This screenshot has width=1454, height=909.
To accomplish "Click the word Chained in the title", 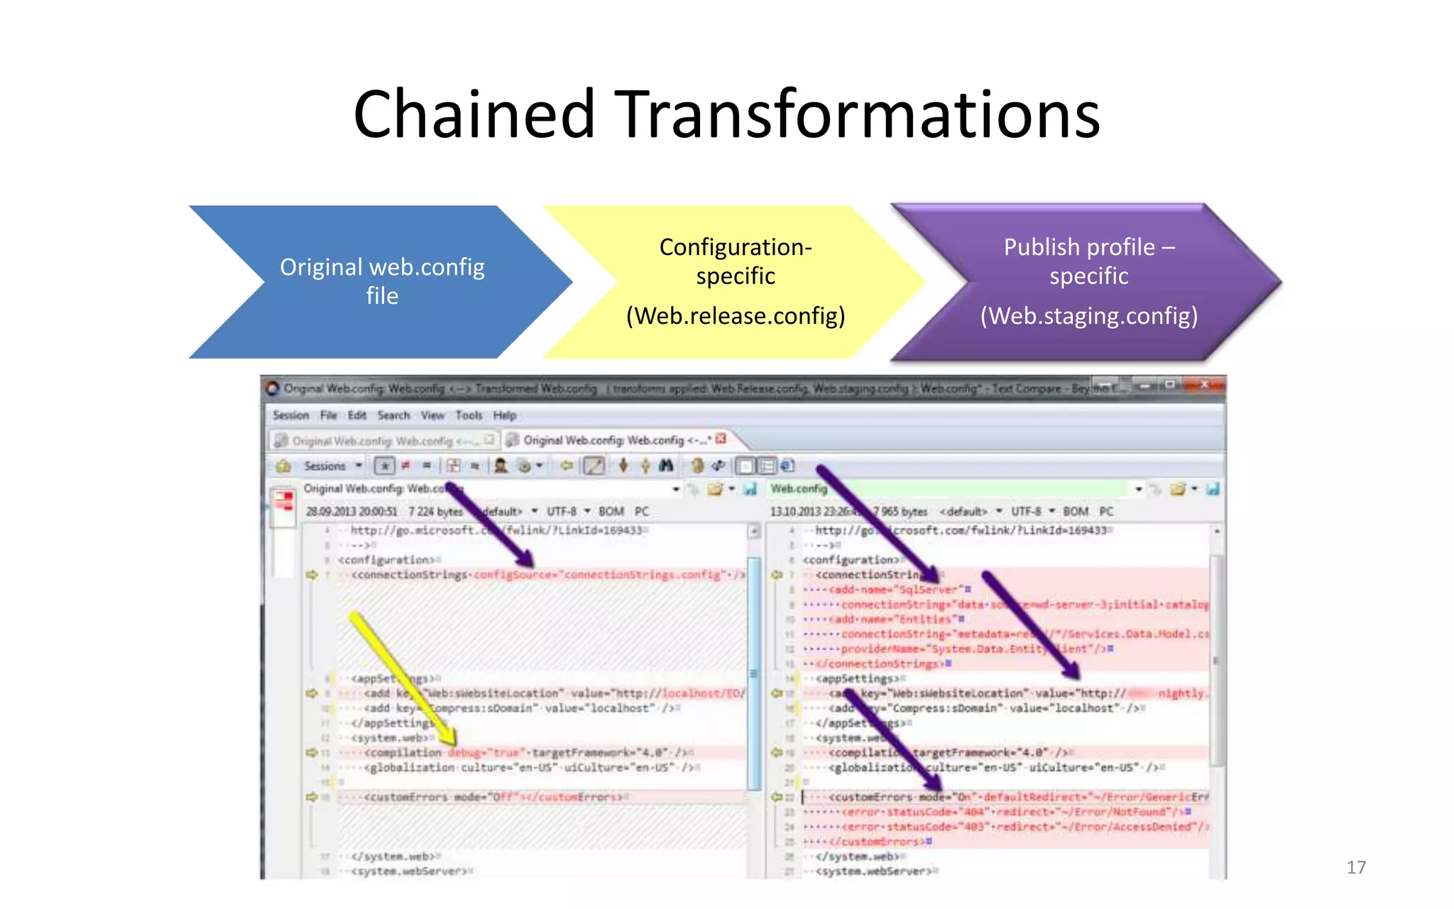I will pyautogui.click(x=474, y=115).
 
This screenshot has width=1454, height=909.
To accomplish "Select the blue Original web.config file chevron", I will pyautogui.click(x=381, y=281).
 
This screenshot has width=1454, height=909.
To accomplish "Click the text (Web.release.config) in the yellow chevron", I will pyautogui.click(x=736, y=316).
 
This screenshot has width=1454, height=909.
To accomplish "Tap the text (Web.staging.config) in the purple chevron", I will pyautogui.click(x=1089, y=316).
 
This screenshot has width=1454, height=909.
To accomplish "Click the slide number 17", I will pyautogui.click(x=1355, y=867).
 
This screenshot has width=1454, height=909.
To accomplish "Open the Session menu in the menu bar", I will pyautogui.click(x=290, y=415).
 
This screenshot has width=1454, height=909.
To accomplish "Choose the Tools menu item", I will pyautogui.click(x=469, y=415).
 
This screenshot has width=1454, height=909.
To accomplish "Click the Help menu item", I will pyautogui.click(x=505, y=415).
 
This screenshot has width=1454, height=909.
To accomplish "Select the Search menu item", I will pyautogui.click(x=393, y=415).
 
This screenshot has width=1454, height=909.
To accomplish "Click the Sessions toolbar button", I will pyautogui.click(x=324, y=467).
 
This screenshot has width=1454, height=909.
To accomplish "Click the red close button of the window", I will pyautogui.click(x=1204, y=385).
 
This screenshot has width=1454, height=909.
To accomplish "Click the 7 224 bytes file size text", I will pyautogui.click(x=434, y=512).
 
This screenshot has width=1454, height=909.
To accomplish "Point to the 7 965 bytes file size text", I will pyautogui.click(x=903, y=512).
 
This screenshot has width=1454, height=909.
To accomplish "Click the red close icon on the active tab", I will pyautogui.click(x=721, y=439).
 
